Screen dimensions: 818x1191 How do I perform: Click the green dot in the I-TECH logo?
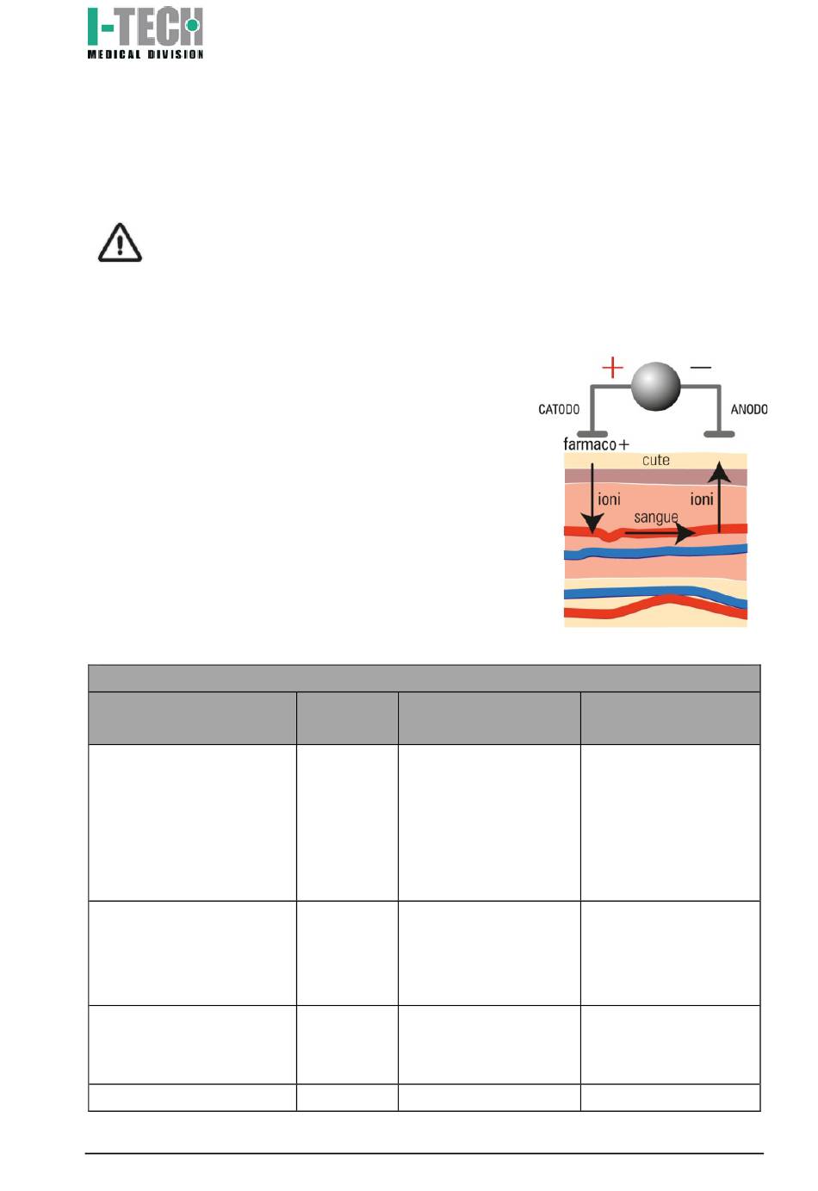192,26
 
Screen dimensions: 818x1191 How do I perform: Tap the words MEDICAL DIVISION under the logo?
145,54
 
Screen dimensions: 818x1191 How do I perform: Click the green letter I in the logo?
93,27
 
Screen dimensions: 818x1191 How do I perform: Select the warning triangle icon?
120,243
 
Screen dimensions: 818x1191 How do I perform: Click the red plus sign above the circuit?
612,369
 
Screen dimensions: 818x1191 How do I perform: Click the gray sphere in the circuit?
656,386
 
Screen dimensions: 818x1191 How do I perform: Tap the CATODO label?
559,410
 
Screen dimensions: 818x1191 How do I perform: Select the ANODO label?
749,410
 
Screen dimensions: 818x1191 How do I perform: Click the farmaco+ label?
596,444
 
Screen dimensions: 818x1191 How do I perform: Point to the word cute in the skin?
656,461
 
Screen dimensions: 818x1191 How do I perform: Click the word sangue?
656,517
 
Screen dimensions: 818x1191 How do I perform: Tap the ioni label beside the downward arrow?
610,499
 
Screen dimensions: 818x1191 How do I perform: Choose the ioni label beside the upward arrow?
702,499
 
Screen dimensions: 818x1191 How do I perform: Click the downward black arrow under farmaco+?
592,499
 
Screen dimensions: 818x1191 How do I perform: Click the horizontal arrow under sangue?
659,534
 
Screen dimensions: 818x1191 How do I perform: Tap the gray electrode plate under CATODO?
592,434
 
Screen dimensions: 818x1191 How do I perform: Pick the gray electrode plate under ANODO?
719,434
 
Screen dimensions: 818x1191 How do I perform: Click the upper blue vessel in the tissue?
654,553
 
